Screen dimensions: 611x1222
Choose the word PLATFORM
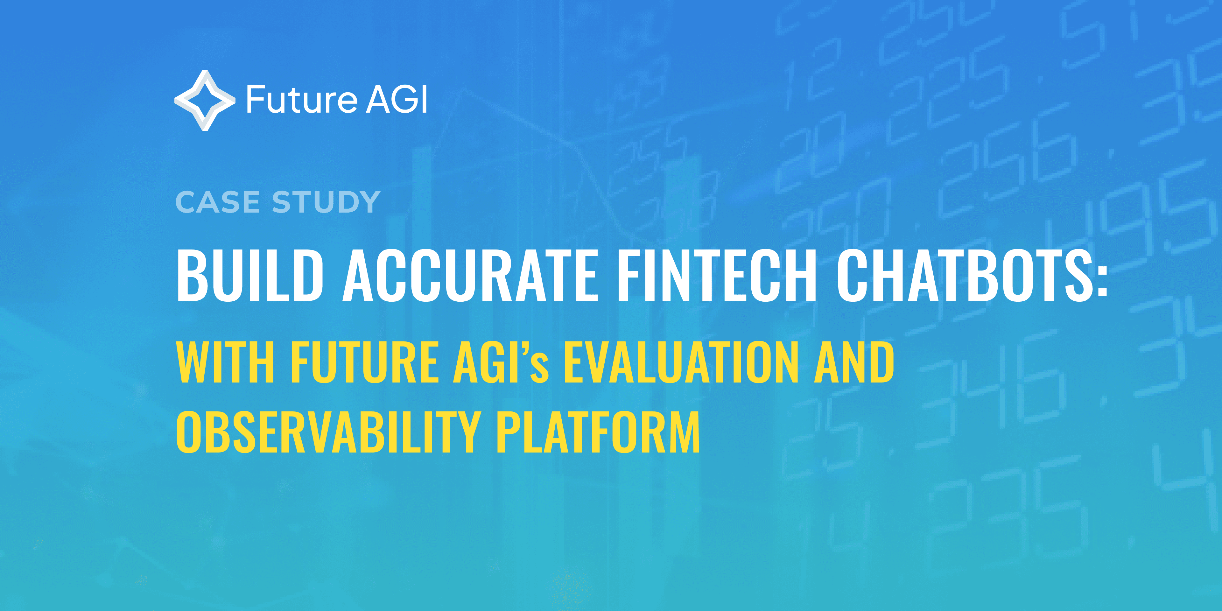598,432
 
